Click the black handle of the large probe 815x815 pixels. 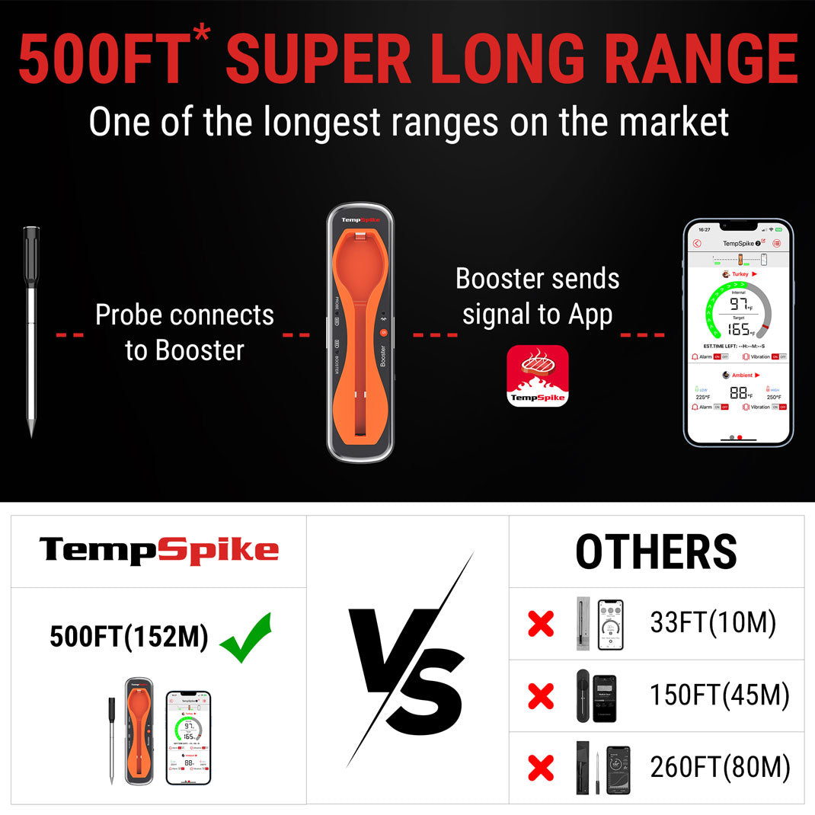(x=31, y=255)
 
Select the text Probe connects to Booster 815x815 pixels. (x=184, y=332)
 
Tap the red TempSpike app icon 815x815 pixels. (x=538, y=376)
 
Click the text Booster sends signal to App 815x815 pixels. (x=538, y=296)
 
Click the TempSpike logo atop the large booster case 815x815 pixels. (x=360, y=220)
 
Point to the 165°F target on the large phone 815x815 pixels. (x=738, y=329)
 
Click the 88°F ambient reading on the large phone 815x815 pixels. (x=738, y=393)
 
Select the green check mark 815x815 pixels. (x=245, y=636)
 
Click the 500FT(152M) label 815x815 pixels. (x=129, y=637)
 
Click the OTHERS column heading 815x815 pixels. (x=656, y=551)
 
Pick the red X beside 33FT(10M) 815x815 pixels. (x=541, y=625)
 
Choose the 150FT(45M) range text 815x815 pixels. (x=719, y=695)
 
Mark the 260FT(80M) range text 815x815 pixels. (x=719, y=767)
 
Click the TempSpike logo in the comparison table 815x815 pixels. (x=158, y=550)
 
